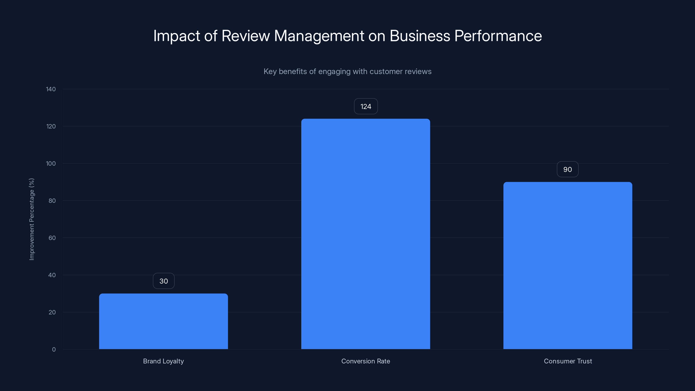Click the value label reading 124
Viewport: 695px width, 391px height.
[366, 106]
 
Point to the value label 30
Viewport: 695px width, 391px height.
[164, 281]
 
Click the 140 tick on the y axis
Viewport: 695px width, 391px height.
[51, 89]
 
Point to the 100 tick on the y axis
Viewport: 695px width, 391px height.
[51, 164]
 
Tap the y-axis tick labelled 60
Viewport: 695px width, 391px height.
[52, 238]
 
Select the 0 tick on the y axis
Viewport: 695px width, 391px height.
[54, 350]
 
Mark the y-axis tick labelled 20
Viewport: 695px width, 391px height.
[52, 312]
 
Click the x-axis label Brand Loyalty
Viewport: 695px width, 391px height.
[163, 361]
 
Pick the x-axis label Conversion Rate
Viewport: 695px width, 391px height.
[365, 361]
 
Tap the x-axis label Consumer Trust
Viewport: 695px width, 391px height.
[568, 361]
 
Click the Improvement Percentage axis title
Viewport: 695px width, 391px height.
[31, 219]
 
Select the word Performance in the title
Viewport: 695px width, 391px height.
[498, 36]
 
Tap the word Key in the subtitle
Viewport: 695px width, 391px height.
[270, 71]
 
